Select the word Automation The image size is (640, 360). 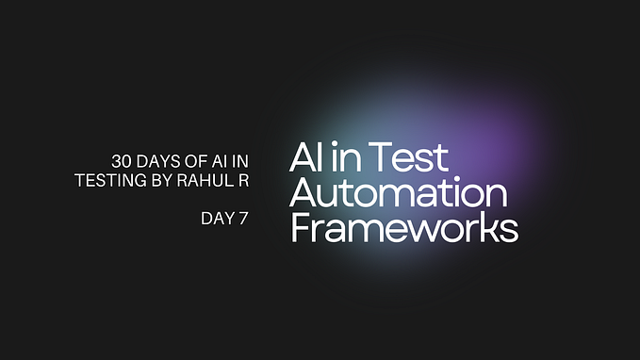399,193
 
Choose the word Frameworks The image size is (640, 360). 403,228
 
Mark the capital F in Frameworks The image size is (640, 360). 300,228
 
